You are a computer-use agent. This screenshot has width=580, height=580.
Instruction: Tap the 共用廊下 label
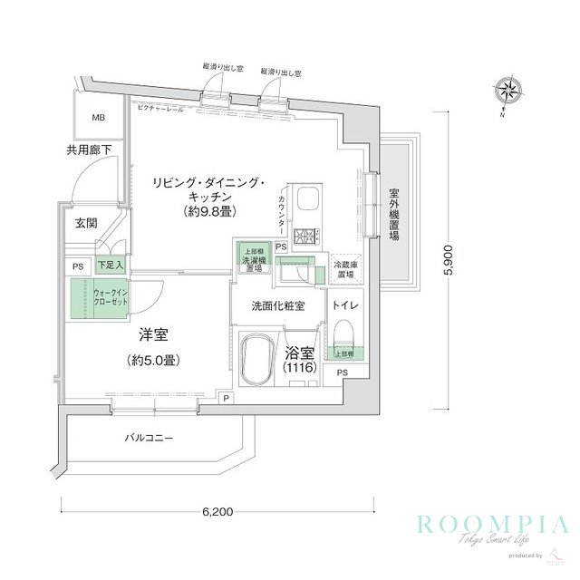[87, 150]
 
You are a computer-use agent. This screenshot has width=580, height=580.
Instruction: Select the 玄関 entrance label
[86, 222]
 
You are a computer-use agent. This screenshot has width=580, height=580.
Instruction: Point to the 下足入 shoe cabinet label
[111, 266]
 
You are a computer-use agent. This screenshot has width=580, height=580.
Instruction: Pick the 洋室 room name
[151, 335]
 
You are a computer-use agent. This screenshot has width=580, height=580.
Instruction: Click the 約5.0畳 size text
[152, 360]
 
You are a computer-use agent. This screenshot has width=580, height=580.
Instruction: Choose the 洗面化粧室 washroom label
[276, 306]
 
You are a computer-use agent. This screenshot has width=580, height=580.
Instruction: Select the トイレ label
[347, 306]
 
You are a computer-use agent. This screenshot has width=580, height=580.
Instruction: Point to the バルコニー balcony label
[150, 439]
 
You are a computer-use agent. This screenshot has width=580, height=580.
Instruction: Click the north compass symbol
[507, 92]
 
